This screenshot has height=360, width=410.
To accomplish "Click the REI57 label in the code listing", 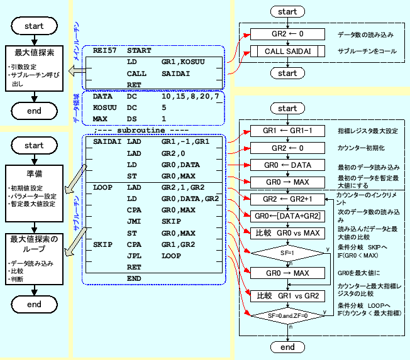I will pos(103,50).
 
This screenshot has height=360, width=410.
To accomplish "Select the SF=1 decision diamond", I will pos(287,254).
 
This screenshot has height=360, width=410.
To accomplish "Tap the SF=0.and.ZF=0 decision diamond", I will pos(287,315).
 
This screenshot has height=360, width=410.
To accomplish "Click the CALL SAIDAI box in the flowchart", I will pos(287,52).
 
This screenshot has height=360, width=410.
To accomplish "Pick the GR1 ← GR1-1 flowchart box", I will pos(287,131).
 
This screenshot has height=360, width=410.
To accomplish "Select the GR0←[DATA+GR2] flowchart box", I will pos(287,217).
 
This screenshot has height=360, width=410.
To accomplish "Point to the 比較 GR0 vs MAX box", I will pos(287,234).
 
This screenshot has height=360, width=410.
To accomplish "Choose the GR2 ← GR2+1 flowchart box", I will pos(287,199).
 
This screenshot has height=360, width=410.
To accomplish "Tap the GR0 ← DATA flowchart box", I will pos(287,165).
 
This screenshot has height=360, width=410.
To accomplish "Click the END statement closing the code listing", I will pos(135,278).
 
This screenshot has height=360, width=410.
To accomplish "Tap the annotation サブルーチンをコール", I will pos(367,52).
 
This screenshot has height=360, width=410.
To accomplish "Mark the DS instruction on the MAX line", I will pos(132,118).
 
